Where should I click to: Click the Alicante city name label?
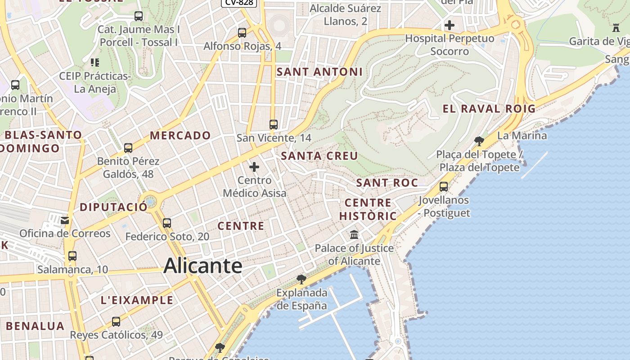tap(203, 265)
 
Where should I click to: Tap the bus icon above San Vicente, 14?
tap(274, 125)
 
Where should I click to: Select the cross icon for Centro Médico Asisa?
tap(254, 167)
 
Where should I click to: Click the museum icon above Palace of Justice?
tap(354, 235)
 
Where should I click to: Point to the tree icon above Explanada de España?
tap(301, 279)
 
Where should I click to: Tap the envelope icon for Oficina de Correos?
tap(65, 220)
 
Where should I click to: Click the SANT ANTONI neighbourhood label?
tap(319, 72)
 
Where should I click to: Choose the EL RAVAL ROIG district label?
tap(489, 108)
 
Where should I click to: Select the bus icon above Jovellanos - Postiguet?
tap(444, 186)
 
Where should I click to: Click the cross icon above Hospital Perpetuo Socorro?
tap(449, 25)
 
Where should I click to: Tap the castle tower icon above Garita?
tap(616, 28)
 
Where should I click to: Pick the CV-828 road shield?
tap(239, 2)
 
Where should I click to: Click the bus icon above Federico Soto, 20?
tap(167, 223)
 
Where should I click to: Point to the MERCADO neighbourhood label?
tap(180, 135)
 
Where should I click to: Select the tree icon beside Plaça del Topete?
tap(479, 141)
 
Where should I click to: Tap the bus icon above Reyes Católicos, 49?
tap(116, 322)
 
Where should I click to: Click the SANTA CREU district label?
tap(319, 156)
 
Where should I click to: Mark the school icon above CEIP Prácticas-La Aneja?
tap(94, 62)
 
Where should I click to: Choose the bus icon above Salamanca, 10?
tap(72, 256)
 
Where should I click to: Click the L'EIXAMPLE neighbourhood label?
tap(137, 300)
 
